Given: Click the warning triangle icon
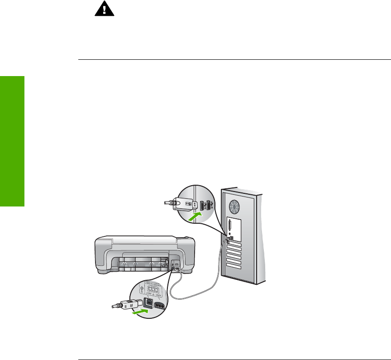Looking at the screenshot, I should [x=105, y=11].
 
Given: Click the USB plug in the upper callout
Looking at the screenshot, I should [x=181, y=203].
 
